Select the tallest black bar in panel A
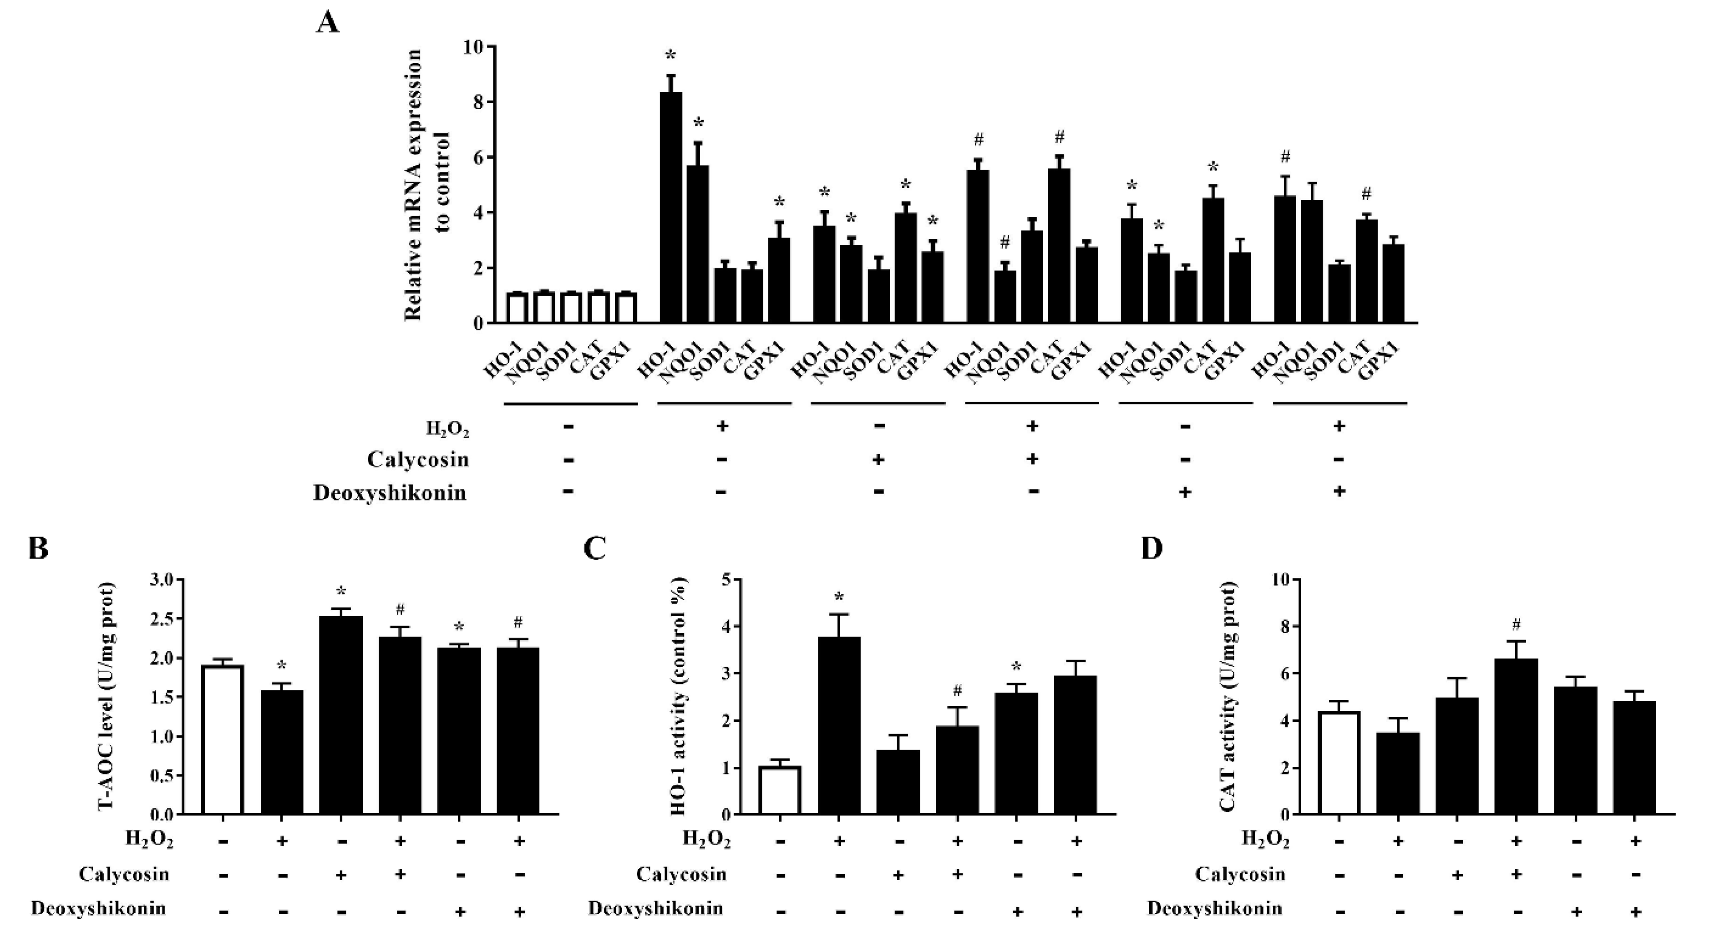[x=670, y=208]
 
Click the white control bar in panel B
[x=222, y=740]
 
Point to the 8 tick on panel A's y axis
[x=477, y=102]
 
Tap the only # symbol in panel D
[x=1516, y=625]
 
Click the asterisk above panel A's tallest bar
[x=670, y=56]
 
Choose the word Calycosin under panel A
[x=417, y=459]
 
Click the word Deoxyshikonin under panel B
[x=98, y=908]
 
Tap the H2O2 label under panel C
[x=706, y=839]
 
